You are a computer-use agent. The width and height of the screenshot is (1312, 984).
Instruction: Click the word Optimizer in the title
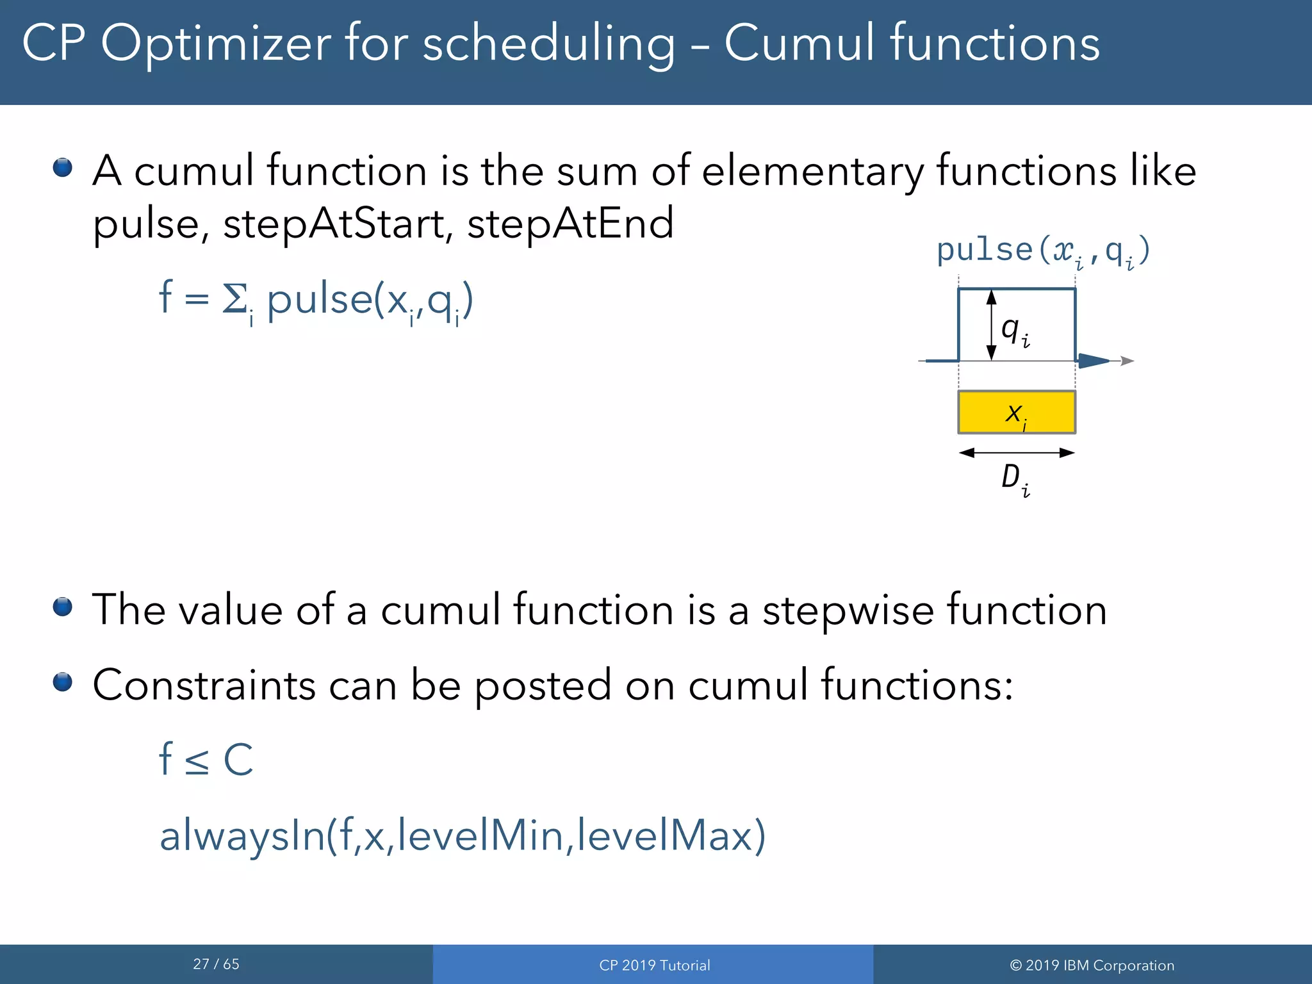[216, 44]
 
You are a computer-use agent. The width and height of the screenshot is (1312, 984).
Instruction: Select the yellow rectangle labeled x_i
[1016, 412]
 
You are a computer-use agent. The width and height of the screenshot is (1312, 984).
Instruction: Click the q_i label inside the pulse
[1015, 331]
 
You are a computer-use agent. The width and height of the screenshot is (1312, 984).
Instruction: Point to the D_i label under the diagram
[1015, 479]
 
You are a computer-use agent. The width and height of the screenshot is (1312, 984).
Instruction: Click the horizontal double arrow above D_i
[1016, 453]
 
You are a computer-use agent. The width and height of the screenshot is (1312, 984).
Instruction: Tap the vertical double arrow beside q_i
[991, 325]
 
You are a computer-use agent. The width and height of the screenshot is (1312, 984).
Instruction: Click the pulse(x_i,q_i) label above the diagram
[1043, 250]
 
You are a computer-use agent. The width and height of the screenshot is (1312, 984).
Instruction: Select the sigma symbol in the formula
[234, 299]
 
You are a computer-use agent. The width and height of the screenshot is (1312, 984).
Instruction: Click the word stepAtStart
[334, 224]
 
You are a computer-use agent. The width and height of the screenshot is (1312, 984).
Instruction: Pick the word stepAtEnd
[570, 224]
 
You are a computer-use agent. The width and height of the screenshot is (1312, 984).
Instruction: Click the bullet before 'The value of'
[63, 606]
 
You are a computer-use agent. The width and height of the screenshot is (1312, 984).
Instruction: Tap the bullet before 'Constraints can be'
[63, 682]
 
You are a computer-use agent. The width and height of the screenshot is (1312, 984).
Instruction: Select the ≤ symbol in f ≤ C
[197, 760]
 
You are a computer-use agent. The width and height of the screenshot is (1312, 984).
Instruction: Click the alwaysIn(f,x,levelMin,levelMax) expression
[462, 835]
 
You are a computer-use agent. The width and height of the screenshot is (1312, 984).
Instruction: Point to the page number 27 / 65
[216, 964]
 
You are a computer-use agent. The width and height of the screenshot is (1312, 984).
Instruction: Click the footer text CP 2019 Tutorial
[654, 965]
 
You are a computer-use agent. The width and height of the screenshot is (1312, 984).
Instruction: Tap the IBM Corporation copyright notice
[1092, 965]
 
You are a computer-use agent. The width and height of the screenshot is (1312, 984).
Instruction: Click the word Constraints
[204, 685]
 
